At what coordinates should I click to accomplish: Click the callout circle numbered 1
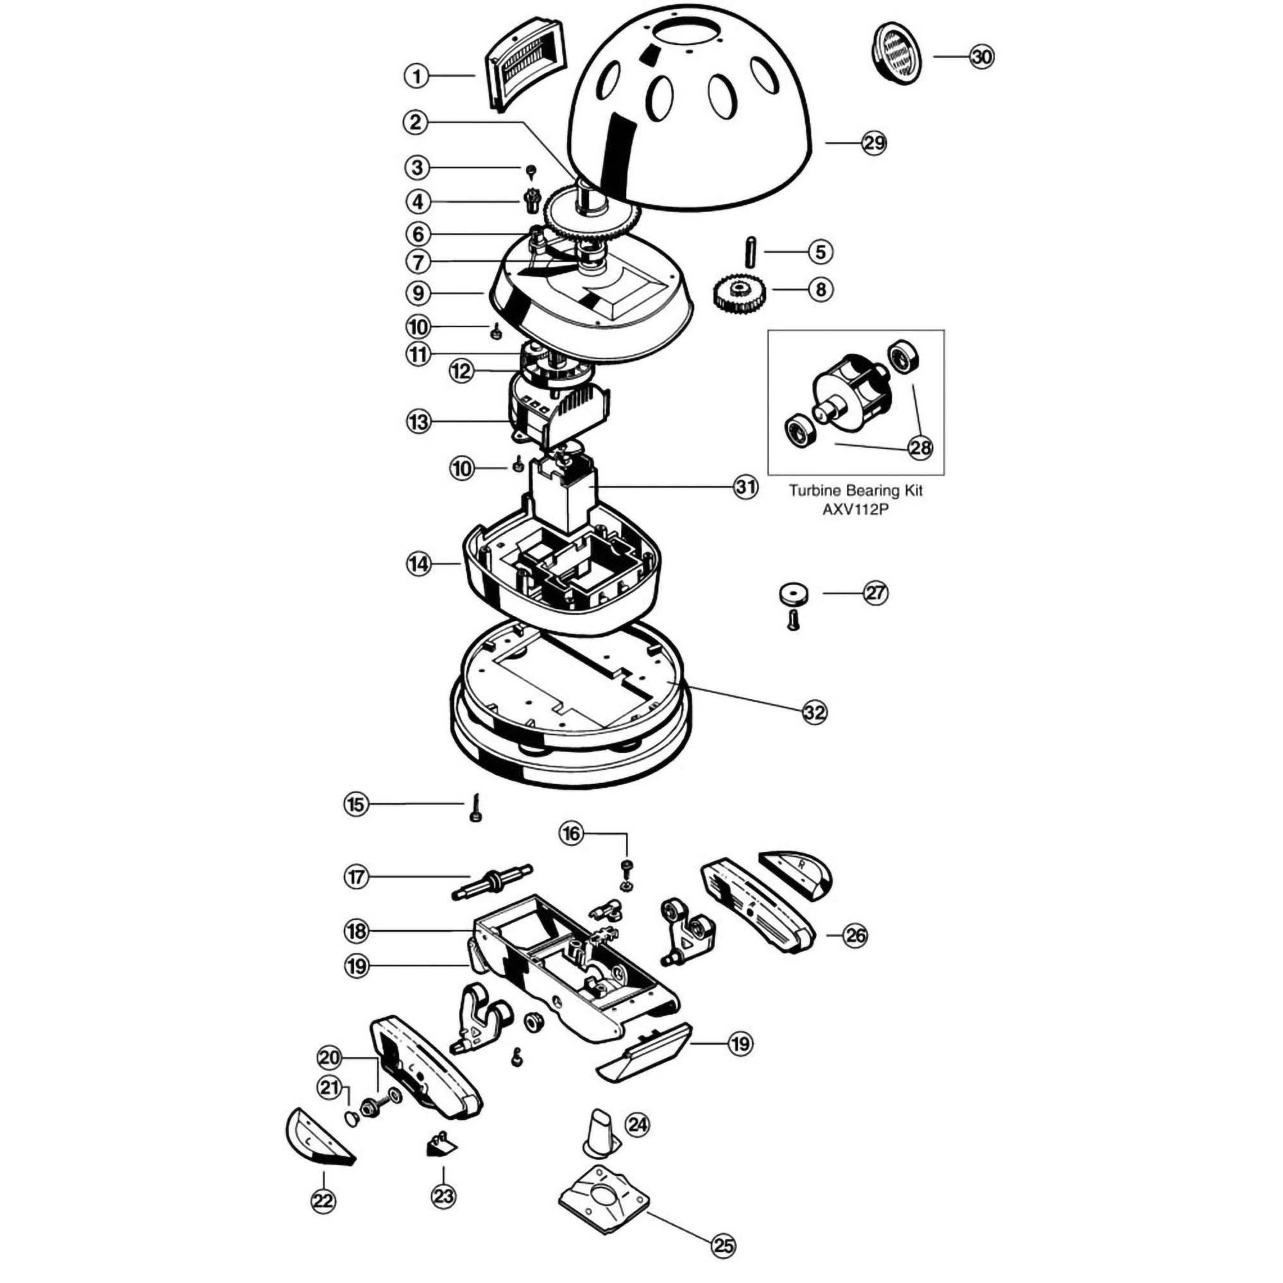click(417, 76)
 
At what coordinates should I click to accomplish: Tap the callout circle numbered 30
click(981, 57)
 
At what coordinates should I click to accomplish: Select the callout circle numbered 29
click(874, 143)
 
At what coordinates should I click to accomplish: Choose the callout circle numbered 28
click(921, 448)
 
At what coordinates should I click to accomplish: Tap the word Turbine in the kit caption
click(811, 491)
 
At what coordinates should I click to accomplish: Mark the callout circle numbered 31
click(745, 488)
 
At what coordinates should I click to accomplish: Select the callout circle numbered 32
click(815, 713)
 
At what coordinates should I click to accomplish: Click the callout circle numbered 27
click(875, 592)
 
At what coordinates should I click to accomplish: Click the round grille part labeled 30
click(894, 53)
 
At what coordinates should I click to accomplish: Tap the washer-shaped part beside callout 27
click(793, 593)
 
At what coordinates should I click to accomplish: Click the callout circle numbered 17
click(357, 877)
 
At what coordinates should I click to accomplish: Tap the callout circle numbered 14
click(418, 565)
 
